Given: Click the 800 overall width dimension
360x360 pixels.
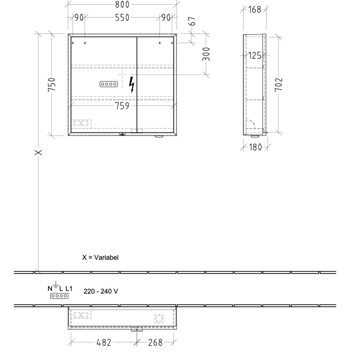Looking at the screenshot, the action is (122, 4).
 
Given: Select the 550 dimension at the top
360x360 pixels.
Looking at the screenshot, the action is (122, 18).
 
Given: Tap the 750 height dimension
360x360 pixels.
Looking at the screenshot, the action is (52, 85).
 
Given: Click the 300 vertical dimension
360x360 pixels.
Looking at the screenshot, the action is (206, 54).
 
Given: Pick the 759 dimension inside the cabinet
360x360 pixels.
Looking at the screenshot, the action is (122, 106).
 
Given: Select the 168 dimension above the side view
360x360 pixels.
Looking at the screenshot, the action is (254, 10).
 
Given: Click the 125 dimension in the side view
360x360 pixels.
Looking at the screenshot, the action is (255, 55).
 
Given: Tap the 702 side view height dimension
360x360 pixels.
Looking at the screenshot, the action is (278, 85).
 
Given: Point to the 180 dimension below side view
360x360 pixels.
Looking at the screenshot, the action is (255, 147).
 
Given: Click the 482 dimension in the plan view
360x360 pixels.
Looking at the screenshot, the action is (104, 342).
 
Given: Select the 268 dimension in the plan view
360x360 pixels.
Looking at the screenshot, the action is (155, 342).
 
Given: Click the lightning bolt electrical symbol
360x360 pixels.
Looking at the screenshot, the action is (132, 84).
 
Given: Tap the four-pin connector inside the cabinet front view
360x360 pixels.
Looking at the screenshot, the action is (109, 84).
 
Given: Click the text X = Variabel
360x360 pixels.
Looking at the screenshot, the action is (100, 257).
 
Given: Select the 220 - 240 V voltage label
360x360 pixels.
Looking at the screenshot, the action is (101, 291).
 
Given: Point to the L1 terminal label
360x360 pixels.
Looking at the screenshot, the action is (69, 289).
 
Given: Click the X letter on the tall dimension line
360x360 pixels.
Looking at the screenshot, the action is (38, 153).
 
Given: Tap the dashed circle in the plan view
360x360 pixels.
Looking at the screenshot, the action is (159, 319).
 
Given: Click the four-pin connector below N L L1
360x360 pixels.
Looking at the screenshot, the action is (59, 296).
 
